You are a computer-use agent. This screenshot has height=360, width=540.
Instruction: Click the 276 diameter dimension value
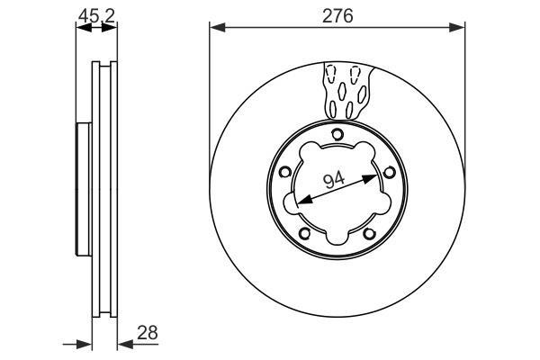337,16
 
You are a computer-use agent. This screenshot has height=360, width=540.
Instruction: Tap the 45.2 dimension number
96,16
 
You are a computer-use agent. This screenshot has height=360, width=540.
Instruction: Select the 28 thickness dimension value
148,333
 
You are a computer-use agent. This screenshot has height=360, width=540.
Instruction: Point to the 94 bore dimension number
334,180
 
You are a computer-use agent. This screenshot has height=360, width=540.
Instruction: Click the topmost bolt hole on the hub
337,134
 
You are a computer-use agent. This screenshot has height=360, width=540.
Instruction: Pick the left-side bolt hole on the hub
284,172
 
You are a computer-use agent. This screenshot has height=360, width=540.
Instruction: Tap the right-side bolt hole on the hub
390,172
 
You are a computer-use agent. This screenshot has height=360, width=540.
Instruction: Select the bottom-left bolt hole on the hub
305,234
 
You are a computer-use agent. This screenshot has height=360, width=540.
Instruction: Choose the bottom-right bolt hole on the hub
370,234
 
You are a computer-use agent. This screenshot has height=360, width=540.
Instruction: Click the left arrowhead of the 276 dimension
217,28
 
